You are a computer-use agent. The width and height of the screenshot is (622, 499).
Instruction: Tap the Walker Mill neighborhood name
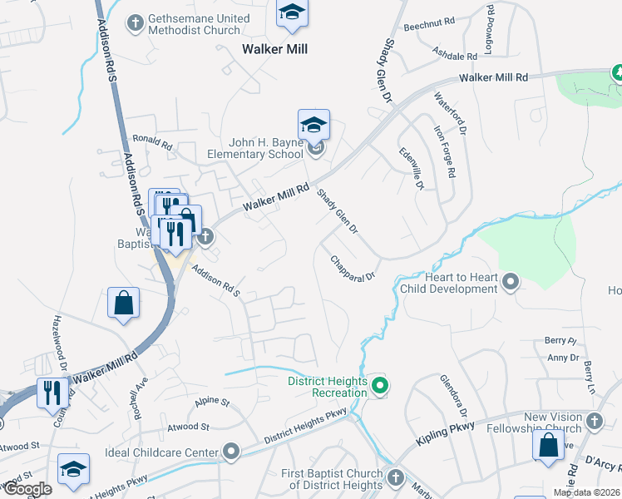274,49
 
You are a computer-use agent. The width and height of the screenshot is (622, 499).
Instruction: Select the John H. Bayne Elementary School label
250,149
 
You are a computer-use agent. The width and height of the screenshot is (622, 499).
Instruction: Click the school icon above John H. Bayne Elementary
313,125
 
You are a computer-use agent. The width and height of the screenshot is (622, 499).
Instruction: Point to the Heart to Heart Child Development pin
511,284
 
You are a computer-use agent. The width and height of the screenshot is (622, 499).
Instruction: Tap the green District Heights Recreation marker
380,385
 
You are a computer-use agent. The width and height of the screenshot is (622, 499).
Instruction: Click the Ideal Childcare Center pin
230,452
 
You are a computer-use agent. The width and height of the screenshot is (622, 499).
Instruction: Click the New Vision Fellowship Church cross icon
594,422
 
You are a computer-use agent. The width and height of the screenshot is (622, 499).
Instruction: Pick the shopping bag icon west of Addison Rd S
123,304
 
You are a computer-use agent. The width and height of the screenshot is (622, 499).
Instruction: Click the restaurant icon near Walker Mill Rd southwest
53,393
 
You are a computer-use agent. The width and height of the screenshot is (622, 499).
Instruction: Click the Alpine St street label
211,402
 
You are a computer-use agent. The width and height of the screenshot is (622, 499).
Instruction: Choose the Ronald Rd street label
152,142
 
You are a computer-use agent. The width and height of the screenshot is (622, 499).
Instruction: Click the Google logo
27,488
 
